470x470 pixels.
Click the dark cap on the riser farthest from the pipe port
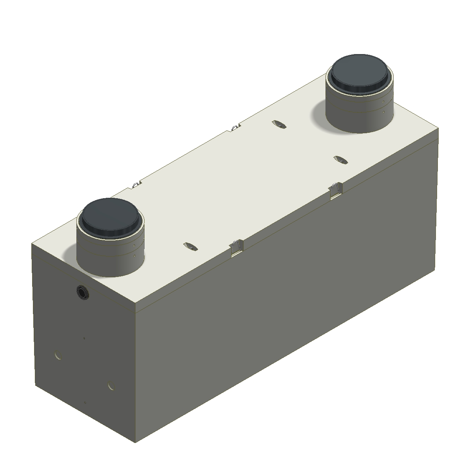pyautogui.click(x=361, y=72)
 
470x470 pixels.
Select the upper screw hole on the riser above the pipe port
pyautogui.click(x=134, y=246)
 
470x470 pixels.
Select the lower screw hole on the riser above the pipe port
pyautogui.click(x=134, y=256)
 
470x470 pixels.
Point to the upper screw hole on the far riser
pyautogui.click(x=383, y=102)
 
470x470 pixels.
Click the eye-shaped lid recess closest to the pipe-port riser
pyautogui.click(x=190, y=246)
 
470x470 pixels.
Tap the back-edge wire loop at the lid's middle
pyautogui.click(x=234, y=127)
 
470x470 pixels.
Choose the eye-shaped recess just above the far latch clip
pyautogui.click(x=340, y=159)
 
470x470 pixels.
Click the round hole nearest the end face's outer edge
pyautogui.click(x=58, y=356)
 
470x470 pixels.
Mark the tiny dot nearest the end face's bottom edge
pyautogui.click(x=85, y=403)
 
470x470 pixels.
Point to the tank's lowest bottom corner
pyautogui.click(x=135, y=443)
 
